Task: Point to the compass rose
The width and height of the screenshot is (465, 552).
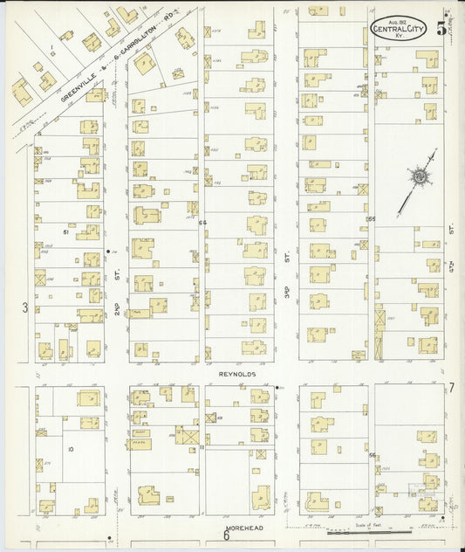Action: point(419,179)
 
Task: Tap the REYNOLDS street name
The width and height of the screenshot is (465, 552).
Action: point(236,372)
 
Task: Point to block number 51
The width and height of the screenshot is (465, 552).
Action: point(66,232)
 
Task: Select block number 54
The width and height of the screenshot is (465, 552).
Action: point(203,224)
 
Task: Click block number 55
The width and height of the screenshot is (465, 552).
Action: point(371,218)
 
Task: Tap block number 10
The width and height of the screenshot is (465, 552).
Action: point(71,449)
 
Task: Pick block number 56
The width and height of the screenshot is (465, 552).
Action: point(372,455)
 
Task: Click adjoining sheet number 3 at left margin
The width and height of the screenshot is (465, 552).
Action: point(25,307)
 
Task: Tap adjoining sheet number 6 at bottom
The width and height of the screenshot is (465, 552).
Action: point(225,535)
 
